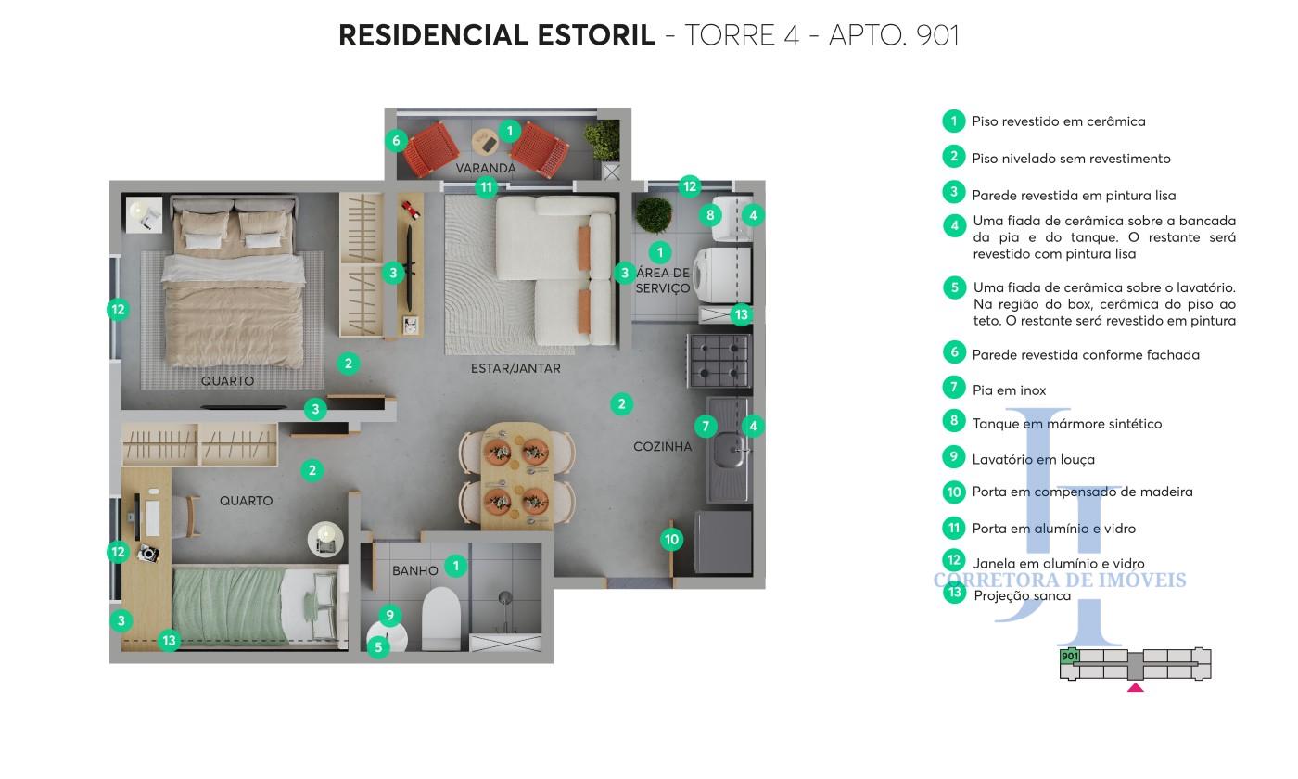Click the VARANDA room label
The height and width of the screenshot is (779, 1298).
coord(485,168)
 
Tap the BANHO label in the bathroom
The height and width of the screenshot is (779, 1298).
coord(415,571)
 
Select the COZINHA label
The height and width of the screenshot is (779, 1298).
coord(662,446)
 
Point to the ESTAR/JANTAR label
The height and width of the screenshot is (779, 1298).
coord(515,368)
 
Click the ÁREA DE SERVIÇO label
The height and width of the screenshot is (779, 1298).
coord(662,280)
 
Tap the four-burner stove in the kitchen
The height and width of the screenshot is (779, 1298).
coord(719,361)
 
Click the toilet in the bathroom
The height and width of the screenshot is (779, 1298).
coord(441,619)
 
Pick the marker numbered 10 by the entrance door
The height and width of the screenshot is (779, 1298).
coord(671,540)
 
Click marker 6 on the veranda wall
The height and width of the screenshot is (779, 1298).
coord(397,140)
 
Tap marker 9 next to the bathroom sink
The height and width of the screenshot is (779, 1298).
coord(390,615)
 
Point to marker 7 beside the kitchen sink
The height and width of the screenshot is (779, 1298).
coord(706,427)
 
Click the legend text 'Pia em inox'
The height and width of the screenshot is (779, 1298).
coord(1009,390)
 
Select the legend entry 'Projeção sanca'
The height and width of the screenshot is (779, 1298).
coord(1022,595)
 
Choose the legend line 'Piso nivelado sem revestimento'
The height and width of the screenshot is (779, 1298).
coord(1071,159)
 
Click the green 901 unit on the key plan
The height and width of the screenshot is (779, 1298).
coord(1069,657)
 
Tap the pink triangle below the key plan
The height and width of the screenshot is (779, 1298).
coord(1135,687)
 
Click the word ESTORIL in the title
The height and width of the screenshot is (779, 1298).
coord(596,35)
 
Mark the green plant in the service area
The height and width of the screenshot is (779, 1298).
coord(654,215)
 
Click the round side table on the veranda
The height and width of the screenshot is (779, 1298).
coord(485,142)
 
